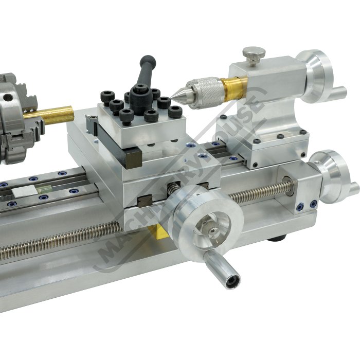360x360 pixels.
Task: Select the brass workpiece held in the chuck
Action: (49, 115)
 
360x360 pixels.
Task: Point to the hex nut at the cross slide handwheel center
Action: (212, 232)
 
